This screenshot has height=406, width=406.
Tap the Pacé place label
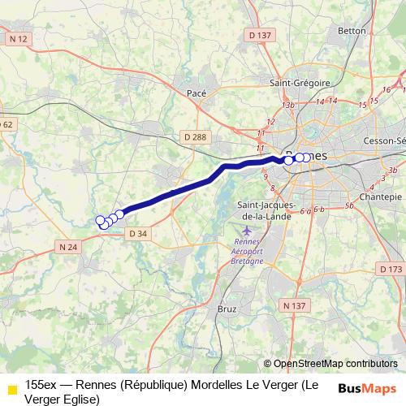197,93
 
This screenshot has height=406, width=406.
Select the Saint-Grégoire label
300,83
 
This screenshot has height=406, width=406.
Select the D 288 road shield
195,136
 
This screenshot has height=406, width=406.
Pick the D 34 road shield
139,233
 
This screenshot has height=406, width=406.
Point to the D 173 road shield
391,269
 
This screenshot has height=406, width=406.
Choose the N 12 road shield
18,38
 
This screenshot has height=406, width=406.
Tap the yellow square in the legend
11,389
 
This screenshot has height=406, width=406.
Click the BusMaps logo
367,388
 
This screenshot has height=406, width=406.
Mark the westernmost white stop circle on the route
101,220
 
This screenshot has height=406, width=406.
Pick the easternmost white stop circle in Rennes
305,158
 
